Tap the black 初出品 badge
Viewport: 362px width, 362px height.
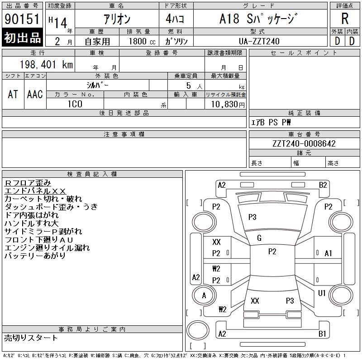coord(23,38)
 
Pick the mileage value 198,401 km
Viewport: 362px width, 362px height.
coord(46,65)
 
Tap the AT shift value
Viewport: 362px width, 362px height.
coord(13,94)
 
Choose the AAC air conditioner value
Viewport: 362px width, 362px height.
coord(35,94)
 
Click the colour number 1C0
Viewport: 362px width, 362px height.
coord(75,104)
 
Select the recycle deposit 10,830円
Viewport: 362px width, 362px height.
coord(225,104)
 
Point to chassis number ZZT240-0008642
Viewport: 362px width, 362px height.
coord(304,143)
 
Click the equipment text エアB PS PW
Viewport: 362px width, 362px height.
coord(271,122)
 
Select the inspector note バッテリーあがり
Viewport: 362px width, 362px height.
coord(35,256)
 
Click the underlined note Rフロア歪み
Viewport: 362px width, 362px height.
coord(28,182)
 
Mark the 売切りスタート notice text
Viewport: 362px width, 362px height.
coord(31,338)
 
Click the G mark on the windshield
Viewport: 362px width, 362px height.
coord(259,238)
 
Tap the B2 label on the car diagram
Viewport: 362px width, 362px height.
coord(323,185)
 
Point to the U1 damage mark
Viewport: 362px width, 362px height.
coord(322,293)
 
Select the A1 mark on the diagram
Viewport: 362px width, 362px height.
coord(328,253)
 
